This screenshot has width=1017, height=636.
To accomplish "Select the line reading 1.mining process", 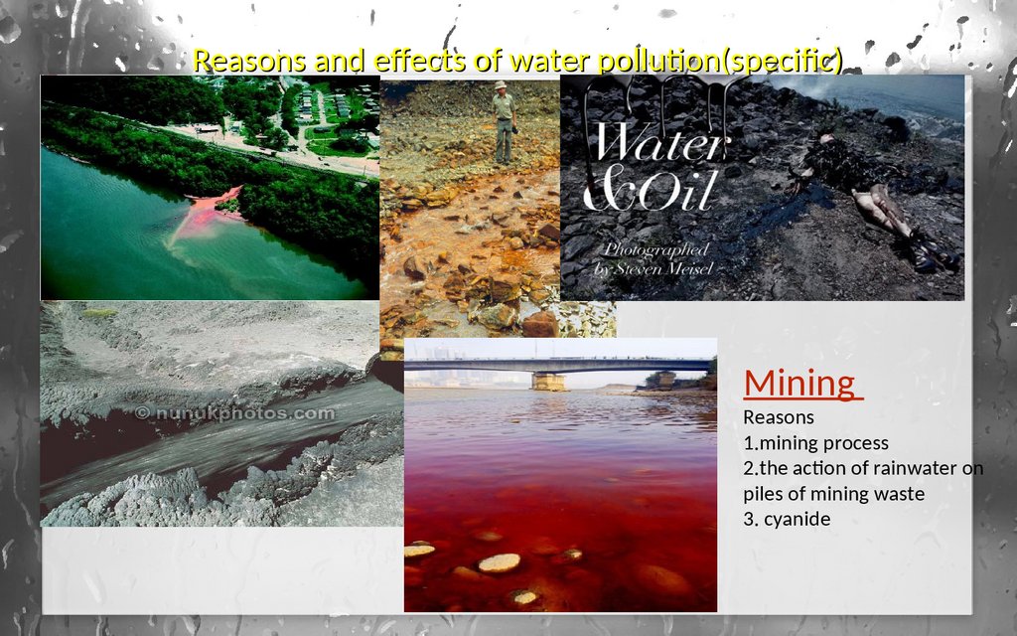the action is click(816, 442).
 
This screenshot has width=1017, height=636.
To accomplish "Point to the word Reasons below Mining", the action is click(779, 417).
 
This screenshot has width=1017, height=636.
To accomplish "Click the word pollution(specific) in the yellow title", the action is click(720, 61).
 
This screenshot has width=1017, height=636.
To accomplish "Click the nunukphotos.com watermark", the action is click(236, 412).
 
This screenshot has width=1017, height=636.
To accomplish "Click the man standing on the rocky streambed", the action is click(504, 122).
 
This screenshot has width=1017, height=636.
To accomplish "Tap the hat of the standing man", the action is click(501, 84).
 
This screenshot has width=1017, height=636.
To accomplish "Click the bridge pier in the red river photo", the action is click(548, 381).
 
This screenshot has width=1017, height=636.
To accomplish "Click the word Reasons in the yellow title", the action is click(249, 61).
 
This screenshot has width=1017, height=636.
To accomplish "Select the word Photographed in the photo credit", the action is click(656, 249).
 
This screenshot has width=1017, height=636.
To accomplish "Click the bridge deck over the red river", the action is click(559, 366).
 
